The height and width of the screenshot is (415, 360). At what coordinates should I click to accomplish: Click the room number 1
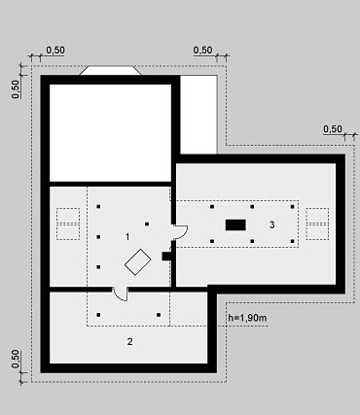click(127, 237)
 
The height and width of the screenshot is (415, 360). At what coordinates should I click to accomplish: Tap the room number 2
click(130, 342)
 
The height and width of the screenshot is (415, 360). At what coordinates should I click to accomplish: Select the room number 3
click(272, 225)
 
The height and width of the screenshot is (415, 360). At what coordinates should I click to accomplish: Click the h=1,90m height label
click(247, 318)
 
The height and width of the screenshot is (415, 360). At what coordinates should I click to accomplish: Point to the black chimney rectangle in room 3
click(235, 225)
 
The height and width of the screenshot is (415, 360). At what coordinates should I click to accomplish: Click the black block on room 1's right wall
click(166, 256)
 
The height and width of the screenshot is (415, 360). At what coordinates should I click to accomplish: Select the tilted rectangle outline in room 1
click(138, 262)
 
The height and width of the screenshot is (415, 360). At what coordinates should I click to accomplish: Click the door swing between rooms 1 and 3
click(181, 232)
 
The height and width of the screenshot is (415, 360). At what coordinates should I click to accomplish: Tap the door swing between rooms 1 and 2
click(120, 294)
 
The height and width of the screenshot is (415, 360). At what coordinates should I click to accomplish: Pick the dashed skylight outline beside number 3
click(317, 224)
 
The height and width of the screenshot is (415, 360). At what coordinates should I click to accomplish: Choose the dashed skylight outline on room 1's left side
click(68, 224)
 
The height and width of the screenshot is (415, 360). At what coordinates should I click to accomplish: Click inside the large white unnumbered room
click(110, 133)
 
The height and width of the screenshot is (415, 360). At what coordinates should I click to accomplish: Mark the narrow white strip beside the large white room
click(198, 115)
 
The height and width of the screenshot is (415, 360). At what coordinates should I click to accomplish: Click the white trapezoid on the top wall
click(111, 71)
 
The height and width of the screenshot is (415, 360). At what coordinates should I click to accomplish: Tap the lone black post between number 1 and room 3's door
click(147, 224)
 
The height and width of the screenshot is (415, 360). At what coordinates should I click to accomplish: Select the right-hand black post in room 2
click(159, 315)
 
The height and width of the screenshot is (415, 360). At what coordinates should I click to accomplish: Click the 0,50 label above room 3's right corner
click(333, 129)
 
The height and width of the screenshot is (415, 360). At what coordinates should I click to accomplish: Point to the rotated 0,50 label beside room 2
click(16, 359)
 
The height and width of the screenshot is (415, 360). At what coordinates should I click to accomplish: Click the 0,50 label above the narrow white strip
click(203, 51)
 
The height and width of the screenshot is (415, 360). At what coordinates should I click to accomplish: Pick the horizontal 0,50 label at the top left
click(55, 51)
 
